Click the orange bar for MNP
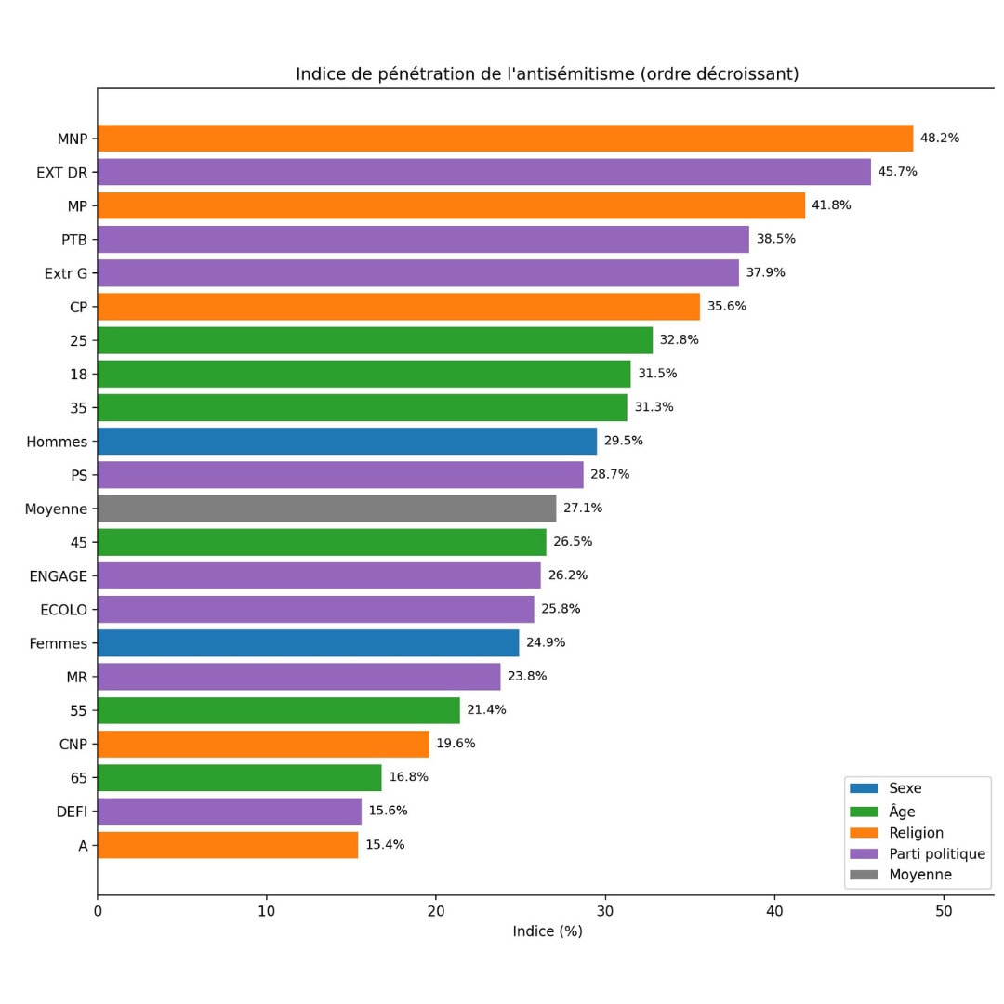pyautogui.click(x=505, y=139)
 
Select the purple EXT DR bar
pyautogui.click(x=483, y=172)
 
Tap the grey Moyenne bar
pyautogui.click(x=326, y=509)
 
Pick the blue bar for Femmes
pyautogui.click(x=308, y=642)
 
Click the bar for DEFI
pyautogui.click(x=229, y=811)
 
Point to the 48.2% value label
pyautogui.click(x=939, y=139)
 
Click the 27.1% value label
pyautogui.click(x=583, y=509)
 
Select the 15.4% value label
pyautogui.click(x=385, y=845)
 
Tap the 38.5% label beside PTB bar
pyautogui.click(x=775, y=239)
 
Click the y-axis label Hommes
pyautogui.click(x=57, y=442)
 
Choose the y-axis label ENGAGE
pyautogui.click(x=58, y=576)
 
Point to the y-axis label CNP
pyautogui.click(x=72, y=744)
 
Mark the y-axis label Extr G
pyautogui.click(x=65, y=273)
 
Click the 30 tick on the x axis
pyautogui.click(x=605, y=911)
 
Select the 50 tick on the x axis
pyautogui.click(x=944, y=911)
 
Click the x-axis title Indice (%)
pyautogui.click(x=547, y=931)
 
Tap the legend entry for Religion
pyautogui.click(x=915, y=833)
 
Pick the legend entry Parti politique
pyautogui.click(x=935, y=854)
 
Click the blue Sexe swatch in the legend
pyautogui.click(x=863, y=788)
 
